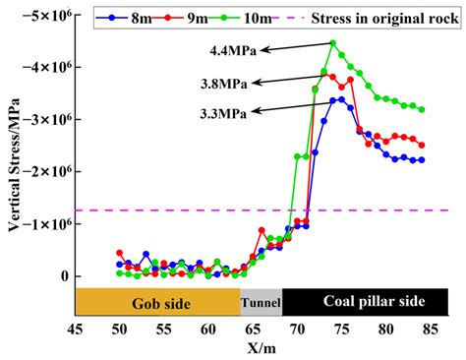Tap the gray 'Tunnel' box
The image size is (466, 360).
pyautogui.click(x=262, y=303)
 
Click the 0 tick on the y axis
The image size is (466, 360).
pyautogui.click(x=62, y=276)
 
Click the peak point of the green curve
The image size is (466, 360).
pyautogui.click(x=333, y=43)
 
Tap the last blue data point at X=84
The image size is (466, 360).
pyautogui.click(x=422, y=160)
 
